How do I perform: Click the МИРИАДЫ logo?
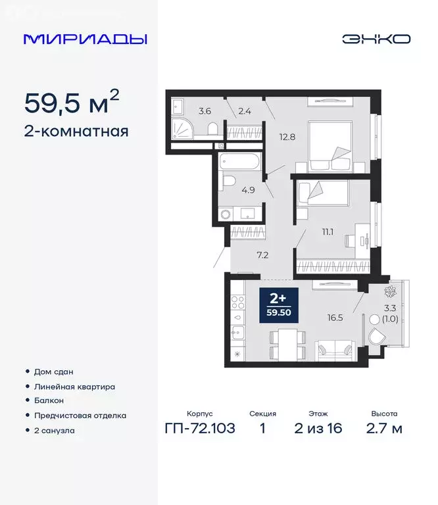point(85,39)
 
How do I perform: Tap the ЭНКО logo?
point(376,39)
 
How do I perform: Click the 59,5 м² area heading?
point(72,103)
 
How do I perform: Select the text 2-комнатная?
point(76,131)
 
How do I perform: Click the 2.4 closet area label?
point(244,110)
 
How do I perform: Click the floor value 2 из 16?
point(318,429)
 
